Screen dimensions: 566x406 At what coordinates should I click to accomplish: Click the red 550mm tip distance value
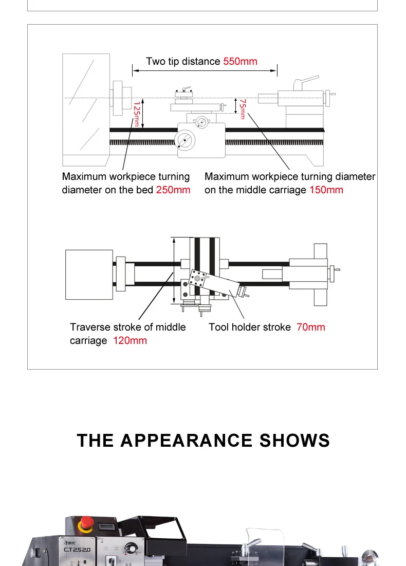click(240, 62)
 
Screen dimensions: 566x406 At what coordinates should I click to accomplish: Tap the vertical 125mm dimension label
click(136, 114)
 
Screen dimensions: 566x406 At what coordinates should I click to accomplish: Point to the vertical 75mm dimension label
click(243, 109)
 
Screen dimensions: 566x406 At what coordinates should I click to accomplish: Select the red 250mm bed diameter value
click(173, 190)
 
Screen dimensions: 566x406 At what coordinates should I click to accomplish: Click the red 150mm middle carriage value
click(326, 190)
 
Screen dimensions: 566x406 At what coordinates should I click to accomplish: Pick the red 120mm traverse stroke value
click(130, 341)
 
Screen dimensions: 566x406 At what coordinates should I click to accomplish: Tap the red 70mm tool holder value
click(310, 327)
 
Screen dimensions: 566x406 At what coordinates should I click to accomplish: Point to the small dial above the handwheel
click(201, 122)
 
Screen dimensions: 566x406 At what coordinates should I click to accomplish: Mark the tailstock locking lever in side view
click(308, 80)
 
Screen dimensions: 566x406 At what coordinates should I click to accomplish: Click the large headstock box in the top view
click(89, 275)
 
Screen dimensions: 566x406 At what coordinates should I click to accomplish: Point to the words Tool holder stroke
click(250, 327)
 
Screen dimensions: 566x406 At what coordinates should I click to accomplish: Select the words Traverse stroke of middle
click(128, 327)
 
